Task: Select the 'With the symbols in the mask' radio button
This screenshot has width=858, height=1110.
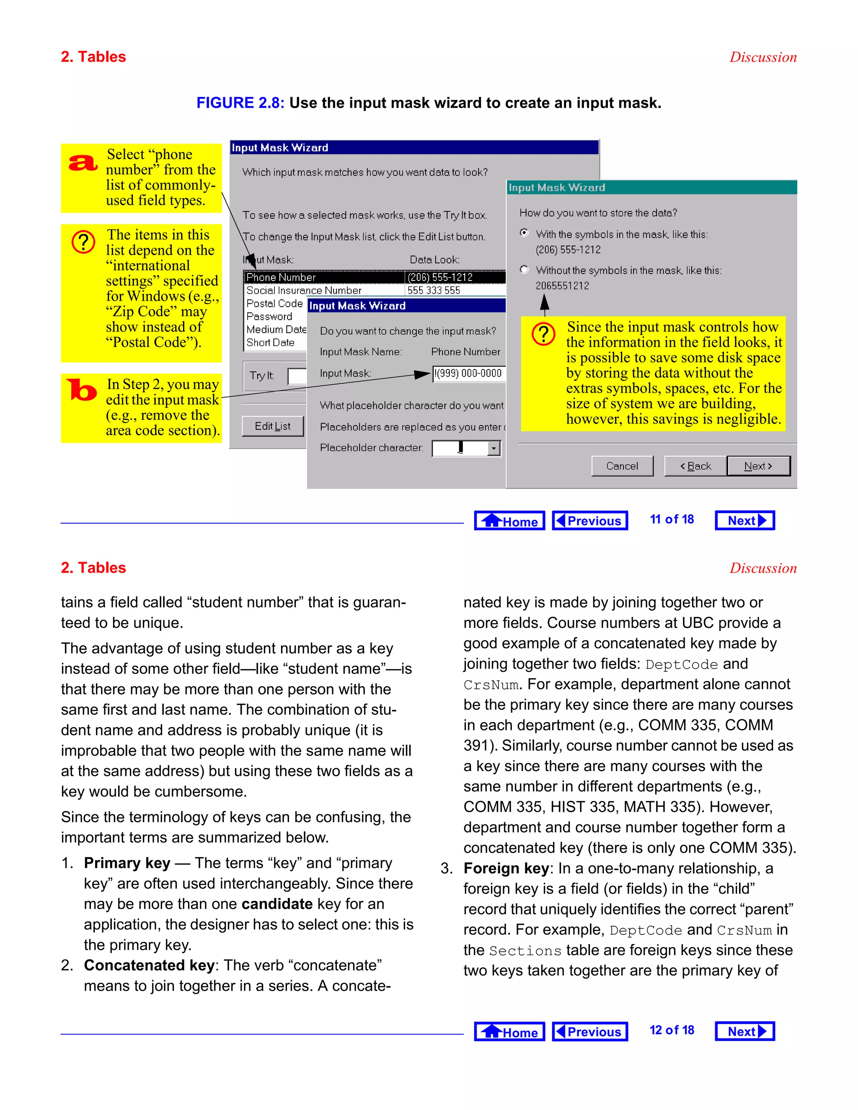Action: point(524,233)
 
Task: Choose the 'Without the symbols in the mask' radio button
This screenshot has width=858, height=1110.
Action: point(524,269)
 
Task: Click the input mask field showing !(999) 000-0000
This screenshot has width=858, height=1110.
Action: point(468,373)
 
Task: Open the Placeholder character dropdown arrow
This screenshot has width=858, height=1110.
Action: point(493,448)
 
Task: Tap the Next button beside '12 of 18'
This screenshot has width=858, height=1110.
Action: point(744,1031)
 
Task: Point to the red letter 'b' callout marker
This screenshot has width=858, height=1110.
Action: point(81,390)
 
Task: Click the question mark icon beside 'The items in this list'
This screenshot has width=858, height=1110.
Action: point(83,242)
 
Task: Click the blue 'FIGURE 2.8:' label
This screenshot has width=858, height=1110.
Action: point(240,103)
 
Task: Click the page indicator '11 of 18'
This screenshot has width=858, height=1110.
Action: point(672,519)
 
